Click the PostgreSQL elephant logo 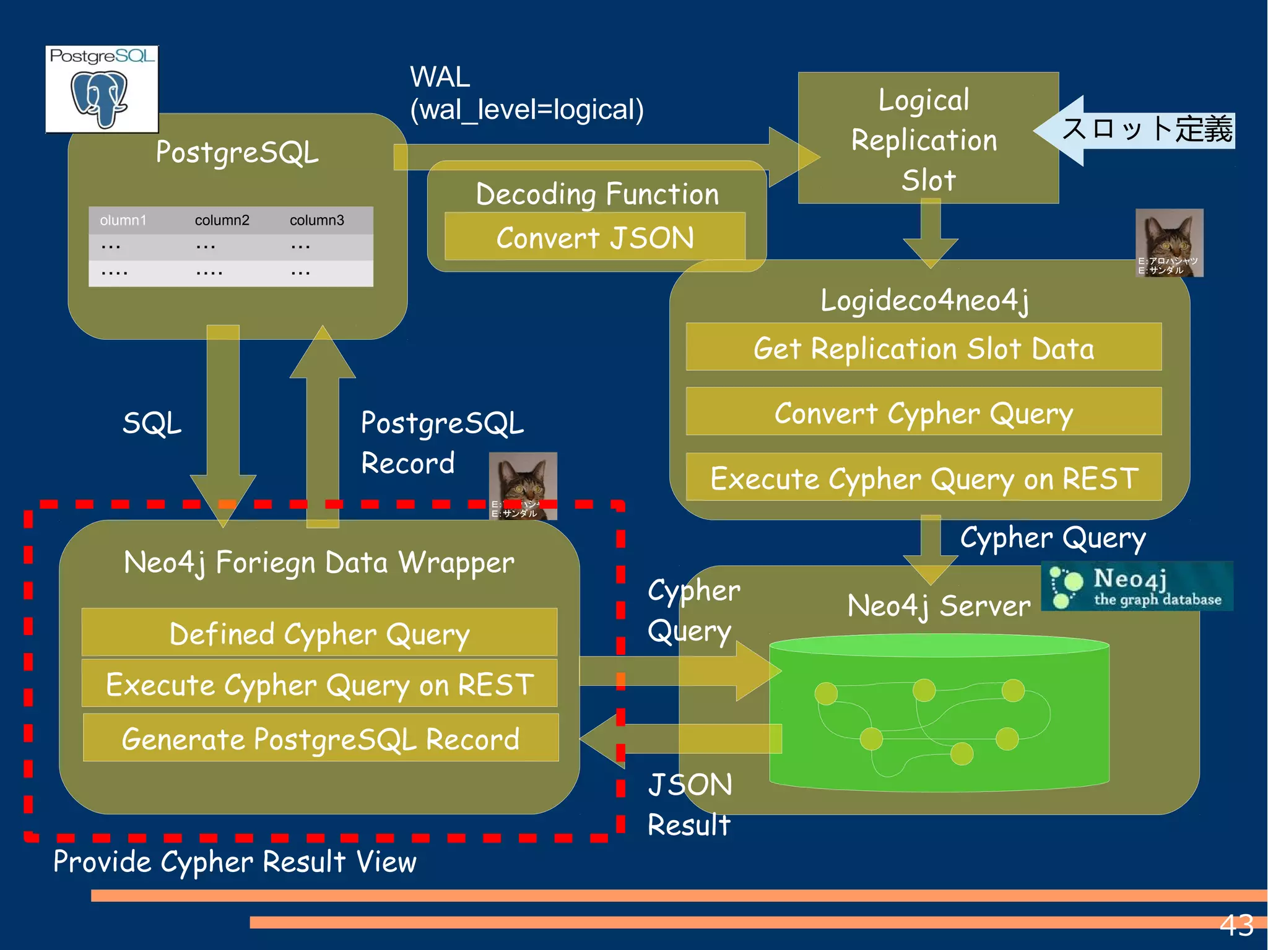tap(101, 90)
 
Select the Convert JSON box tap(594, 238)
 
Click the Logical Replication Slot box tap(927, 139)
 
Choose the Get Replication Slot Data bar tap(923, 348)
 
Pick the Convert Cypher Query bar tap(923, 413)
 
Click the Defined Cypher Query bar tap(319, 633)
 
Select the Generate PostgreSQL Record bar tap(320, 738)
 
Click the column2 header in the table tap(222, 220)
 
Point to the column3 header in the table tap(316, 220)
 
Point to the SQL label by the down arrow tap(152, 424)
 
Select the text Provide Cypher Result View tap(235, 861)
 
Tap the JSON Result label tap(689, 804)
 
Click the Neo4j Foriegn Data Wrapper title tap(319, 563)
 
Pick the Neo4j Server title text tap(939, 605)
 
